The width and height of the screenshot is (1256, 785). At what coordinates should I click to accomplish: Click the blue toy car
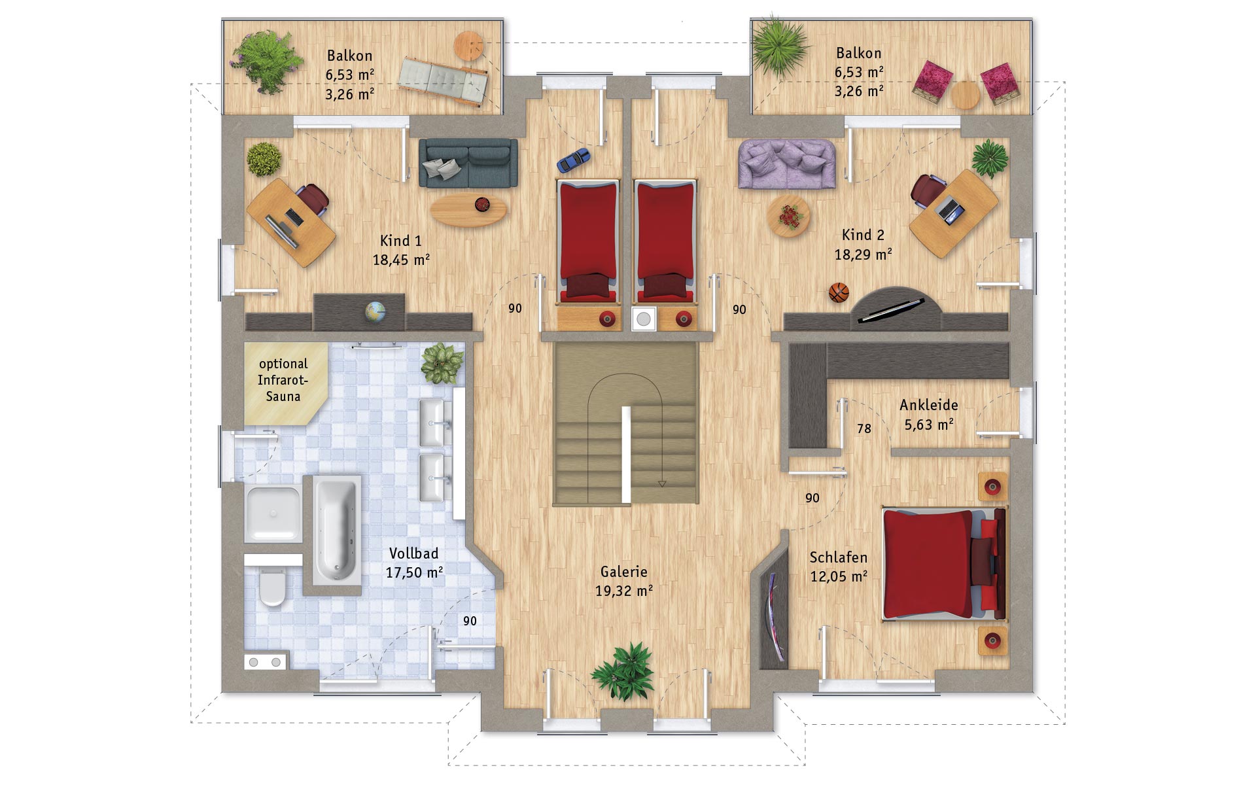coord(573,160)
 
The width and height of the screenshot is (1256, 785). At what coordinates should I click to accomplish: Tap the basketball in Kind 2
coord(839,292)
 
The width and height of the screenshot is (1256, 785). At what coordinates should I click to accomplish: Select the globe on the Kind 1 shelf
coord(375,311)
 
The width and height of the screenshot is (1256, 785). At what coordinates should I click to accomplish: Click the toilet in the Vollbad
coord(272,586)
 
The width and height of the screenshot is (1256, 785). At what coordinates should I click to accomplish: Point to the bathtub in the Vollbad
coord(336,530)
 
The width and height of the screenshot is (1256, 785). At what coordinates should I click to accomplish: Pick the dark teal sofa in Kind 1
coord(468,163)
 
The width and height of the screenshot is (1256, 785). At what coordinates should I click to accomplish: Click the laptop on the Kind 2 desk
coord(951,207)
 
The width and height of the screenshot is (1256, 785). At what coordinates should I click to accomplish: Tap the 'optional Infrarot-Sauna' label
coord(283,380)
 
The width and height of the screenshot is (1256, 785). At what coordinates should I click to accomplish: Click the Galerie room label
coord(624,572)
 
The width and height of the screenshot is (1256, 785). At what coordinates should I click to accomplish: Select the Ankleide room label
coord(929,405)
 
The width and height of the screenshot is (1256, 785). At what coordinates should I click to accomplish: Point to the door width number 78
coord(864,429)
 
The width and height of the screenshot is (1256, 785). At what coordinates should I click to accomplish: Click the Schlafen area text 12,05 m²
coord(839,576)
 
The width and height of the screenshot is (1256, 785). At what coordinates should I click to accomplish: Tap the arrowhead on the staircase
coord(662,484)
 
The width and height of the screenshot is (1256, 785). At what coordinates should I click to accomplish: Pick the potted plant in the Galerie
coord(622,670)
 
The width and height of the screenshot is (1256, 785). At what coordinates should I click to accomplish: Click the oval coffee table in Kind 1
coord(468,209)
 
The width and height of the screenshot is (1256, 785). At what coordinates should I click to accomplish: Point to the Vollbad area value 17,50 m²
coord(415,573)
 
